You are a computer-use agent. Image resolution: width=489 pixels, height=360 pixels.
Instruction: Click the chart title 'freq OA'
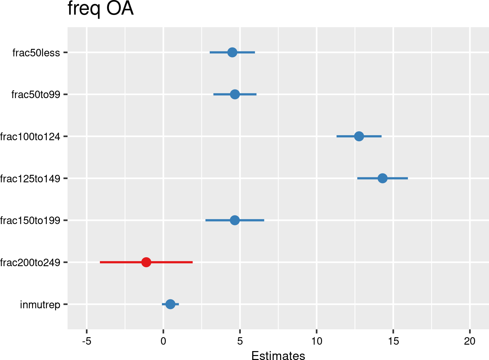click(101, 9)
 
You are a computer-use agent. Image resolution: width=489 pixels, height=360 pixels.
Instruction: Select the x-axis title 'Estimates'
click(278, 356)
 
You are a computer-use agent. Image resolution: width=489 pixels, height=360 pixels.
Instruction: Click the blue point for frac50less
click(232, 52)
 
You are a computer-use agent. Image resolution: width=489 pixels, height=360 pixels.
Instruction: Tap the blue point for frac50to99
click(235, 94)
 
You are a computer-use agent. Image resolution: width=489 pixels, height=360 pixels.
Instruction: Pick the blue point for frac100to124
click(359, 136)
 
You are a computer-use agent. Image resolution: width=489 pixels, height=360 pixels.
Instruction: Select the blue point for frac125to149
click(382, 178)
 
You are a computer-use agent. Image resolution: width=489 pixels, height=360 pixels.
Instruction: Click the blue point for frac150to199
click(235, 220)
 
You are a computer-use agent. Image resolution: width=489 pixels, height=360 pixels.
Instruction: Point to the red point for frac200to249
click(146, 262)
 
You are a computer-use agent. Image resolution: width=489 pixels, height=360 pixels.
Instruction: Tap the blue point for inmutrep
click(170, 304)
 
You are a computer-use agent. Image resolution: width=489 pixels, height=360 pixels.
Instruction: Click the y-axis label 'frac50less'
click(36, 53)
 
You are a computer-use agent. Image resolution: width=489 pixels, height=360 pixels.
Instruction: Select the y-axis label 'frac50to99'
click(36, 95)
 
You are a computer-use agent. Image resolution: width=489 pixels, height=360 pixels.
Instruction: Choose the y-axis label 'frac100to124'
click(30, 137)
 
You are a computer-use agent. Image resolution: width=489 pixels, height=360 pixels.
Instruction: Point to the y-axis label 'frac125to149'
click(30, 178)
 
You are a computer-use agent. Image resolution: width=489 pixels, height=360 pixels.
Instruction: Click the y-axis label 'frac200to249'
click(30, 263)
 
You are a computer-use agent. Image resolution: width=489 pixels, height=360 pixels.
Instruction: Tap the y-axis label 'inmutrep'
click(40, 305)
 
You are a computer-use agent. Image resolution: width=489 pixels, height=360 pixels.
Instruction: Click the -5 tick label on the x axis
click(86, 341)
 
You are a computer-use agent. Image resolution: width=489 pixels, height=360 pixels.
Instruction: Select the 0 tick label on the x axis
click(163, 341)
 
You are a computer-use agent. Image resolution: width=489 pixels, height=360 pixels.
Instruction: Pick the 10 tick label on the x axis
click(316, 341)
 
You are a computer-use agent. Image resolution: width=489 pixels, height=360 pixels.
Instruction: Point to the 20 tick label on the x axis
click(470, 341)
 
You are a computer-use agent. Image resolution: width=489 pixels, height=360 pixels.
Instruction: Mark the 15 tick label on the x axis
click(393, 341)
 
